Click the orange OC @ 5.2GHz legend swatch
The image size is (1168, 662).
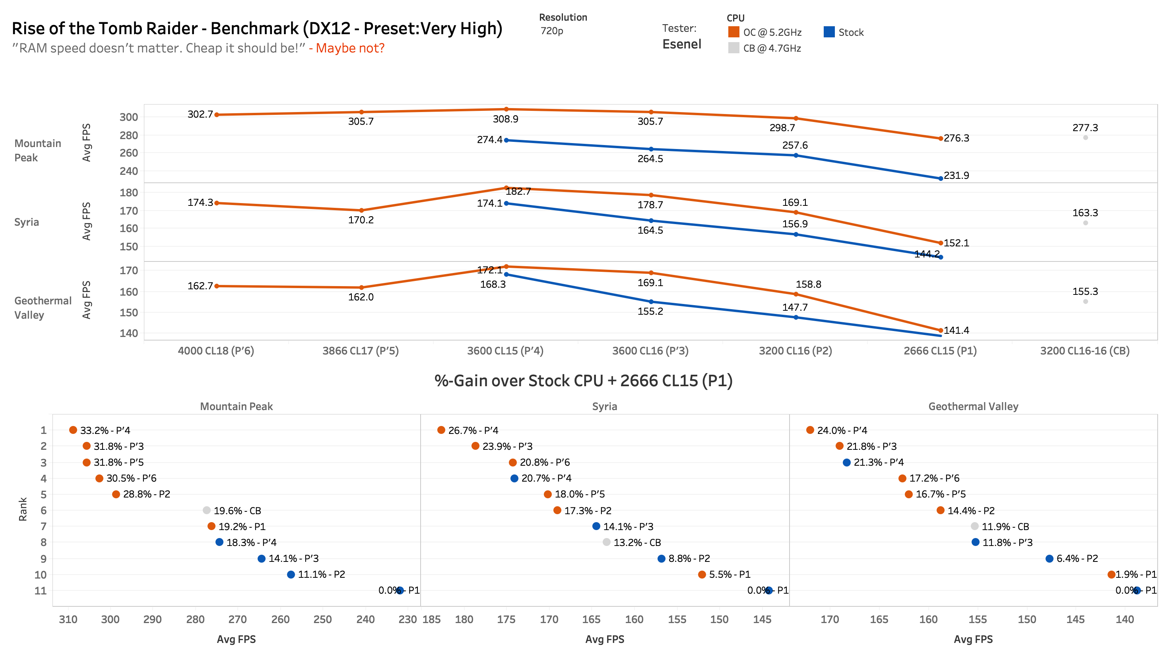point(733,32)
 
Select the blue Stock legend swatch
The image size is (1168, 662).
point(829,32)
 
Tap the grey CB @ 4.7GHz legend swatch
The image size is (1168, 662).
point(733,48)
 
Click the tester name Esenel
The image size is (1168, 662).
point(681,44)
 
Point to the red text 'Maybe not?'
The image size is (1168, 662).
point(350,48)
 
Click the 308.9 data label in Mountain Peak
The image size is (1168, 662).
point(505,119)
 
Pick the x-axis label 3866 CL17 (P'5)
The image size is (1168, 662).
point(360,350)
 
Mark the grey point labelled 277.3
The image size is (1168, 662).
point(1085,138)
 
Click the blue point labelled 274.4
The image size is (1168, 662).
point(506,140)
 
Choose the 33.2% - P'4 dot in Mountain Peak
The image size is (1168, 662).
point(73,430)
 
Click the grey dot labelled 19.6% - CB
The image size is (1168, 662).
point(206,510)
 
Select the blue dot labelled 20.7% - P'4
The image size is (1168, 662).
point(514,478)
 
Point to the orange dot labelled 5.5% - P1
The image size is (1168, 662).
point(702,575)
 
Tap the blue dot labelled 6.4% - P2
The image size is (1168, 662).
point(1049,558)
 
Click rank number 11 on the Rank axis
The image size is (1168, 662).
point(41,590)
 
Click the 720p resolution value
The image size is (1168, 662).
point(551,31)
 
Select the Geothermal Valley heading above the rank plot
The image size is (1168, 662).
point(973,406)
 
